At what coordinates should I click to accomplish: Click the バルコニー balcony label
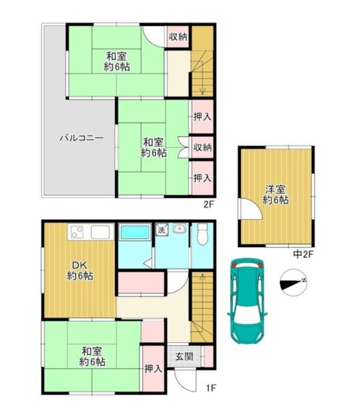pos(81,138)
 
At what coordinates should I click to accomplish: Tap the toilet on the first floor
pos(203,234)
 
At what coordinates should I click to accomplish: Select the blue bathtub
pos(135,232)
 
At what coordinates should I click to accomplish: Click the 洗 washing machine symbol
pos(162,230)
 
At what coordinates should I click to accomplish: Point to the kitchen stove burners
pos(77,232)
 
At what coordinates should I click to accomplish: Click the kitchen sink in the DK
pos(100,232)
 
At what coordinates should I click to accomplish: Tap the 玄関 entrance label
pos(184,356)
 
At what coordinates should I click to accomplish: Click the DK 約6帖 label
pos(80,270)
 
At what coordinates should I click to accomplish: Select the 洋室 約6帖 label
pos(275,194)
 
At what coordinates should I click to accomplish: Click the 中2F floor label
pos(303,254)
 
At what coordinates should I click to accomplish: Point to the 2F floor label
pos(209,205)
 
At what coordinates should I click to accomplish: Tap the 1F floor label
pos(211,388)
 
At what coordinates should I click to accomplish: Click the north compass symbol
pos(294,283)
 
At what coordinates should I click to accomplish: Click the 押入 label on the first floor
pos(153,369)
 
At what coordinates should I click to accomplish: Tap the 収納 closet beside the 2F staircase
pos(178,37)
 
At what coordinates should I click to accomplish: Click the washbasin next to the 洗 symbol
pos(179,229)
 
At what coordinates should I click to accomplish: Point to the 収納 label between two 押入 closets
pos(203,147)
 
